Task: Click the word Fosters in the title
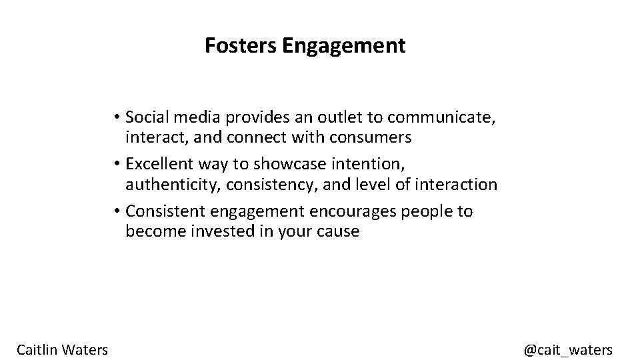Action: (x=241, y=46)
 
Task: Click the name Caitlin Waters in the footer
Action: (x=63, y=349)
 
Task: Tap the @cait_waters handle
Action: (x=568, y=349)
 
